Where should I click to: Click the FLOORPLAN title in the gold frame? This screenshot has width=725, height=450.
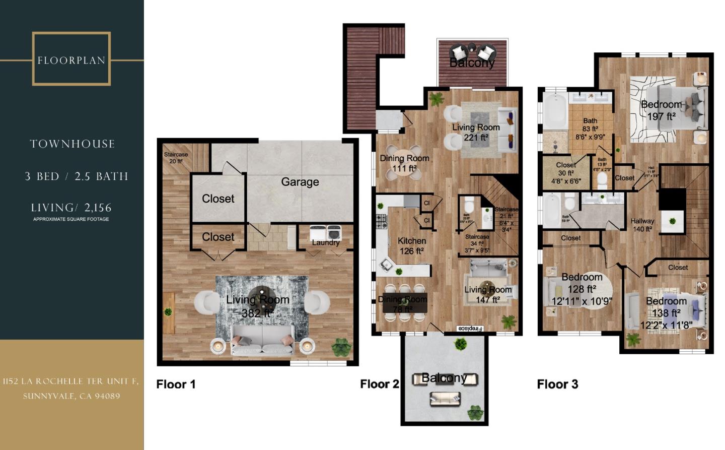click(71, 60)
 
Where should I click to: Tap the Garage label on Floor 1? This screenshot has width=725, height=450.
click(300, 182)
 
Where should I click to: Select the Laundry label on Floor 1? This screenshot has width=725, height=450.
click(326, 242)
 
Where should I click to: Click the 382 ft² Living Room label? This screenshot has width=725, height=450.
click(257, 306)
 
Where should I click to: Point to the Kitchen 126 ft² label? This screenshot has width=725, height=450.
click(412, 246)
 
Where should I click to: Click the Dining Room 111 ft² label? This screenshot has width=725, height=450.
click(404, 163)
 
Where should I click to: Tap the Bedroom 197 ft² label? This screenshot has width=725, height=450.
click(661, 110)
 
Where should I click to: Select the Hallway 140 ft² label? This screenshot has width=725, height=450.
click(642, 225)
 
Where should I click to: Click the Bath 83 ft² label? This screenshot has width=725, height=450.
click(590, 128)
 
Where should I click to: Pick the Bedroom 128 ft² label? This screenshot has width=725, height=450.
click(582, 289)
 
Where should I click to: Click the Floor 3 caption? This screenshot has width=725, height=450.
click(557, 384)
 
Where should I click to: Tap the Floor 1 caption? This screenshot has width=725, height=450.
click(176, 384)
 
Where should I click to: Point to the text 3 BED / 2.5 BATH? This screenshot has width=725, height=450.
click(77, 176)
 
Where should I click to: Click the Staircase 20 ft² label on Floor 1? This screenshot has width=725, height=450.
click(176, 158)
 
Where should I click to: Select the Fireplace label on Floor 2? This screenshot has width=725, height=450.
click(469, 329)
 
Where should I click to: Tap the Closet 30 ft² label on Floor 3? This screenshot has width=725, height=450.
click(566, 173)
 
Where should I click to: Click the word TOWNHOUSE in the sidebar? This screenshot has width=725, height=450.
click(72, 144)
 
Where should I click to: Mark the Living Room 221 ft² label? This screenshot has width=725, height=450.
click(476, 132)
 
